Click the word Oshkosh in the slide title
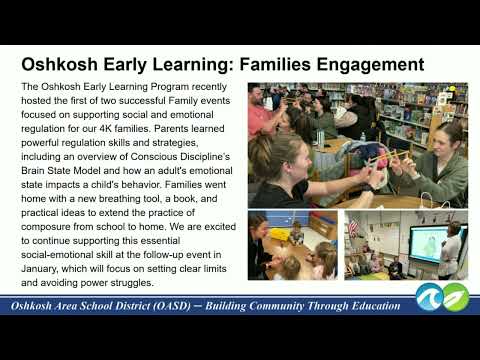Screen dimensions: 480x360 (59, 64)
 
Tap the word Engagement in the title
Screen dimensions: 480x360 (370, 65)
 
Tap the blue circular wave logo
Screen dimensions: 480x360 (430, 297)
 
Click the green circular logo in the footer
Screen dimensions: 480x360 (456, 297)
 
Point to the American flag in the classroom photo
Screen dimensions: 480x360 (353, 227)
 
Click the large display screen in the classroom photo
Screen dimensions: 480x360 (431, 243)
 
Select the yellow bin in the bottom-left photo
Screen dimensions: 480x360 (279, 234)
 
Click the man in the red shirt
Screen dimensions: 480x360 (261, 112)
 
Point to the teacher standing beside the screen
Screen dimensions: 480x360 (450, 251)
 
